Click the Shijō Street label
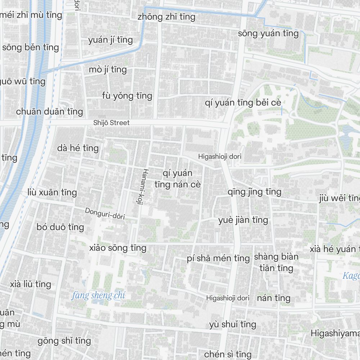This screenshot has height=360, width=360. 111,123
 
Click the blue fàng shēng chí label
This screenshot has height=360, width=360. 98,296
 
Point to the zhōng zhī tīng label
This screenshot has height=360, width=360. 166,17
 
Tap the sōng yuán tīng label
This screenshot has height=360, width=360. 268,33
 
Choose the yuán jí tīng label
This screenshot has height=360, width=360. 111,40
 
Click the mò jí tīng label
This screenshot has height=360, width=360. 108,69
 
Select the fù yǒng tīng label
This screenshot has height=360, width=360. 127,96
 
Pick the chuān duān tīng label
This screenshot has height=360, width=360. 49,112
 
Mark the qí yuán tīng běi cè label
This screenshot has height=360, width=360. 243,103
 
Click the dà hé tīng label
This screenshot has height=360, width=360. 78,148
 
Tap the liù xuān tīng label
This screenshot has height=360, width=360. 52,192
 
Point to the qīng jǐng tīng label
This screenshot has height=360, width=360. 254,192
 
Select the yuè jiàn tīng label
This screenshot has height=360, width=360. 243,220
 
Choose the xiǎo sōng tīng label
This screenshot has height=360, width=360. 118,248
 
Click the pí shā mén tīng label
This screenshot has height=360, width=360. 218,258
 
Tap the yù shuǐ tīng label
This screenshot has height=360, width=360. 233,324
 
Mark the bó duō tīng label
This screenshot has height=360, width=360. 60,227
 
